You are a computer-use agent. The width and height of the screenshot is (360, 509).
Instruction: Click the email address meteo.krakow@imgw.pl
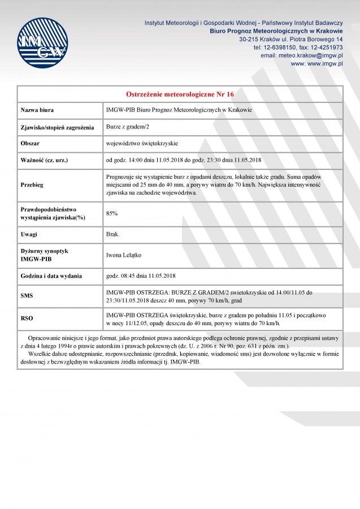(311, 55)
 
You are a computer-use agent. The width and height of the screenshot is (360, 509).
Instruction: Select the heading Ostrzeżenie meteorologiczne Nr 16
(180, 94)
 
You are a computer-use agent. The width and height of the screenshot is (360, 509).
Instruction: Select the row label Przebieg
(32, 184)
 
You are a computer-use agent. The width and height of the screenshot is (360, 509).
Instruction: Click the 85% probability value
(112, 213)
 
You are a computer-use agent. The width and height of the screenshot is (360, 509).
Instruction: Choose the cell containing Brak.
(113, 234)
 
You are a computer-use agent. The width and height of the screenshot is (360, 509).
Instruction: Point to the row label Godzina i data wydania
(51, 276)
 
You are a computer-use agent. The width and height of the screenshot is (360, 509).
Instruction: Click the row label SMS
(27, 296)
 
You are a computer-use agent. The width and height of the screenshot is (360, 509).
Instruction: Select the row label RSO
(27, 318)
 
